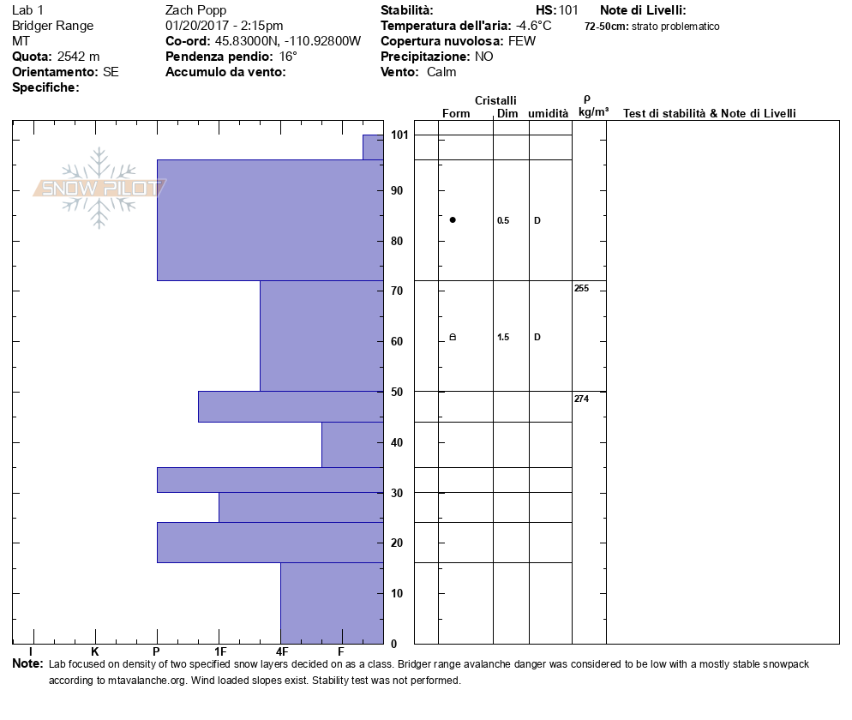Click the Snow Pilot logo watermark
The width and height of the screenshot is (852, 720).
99,188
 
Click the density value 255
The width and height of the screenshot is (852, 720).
581,289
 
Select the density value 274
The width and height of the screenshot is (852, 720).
581,399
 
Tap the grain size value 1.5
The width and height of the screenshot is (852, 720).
503,337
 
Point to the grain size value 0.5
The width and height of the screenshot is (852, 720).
503,220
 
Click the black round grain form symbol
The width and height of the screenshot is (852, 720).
453,220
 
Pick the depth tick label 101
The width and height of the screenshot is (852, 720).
399,135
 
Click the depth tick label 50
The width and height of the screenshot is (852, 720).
397,392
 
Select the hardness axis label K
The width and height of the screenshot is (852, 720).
94,652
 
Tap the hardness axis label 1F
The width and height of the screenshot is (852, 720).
219,652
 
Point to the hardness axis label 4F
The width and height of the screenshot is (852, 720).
281,652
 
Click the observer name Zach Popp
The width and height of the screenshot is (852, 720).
195,10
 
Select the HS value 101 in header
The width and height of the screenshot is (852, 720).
568,10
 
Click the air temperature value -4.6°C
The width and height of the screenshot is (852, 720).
534,26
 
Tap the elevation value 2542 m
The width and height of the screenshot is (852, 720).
78,57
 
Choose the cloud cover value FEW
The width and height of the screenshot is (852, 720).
522,41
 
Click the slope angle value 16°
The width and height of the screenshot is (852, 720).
288,57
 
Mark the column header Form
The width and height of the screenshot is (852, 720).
456,113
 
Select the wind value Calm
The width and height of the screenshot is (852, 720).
441,72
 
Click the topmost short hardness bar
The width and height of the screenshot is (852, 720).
373,147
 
